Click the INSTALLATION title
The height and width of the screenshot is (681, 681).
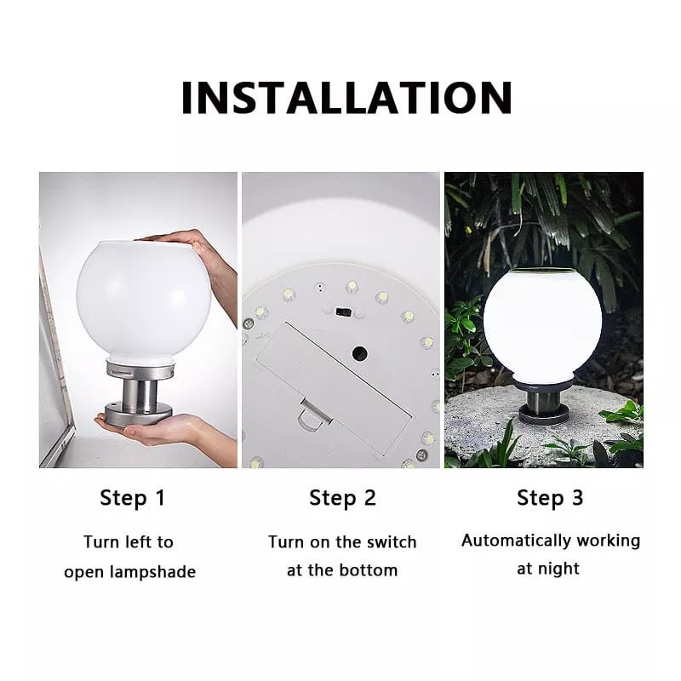346,97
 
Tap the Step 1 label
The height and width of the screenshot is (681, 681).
133,498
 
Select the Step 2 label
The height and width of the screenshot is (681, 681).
342,498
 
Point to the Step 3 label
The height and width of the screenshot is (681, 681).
550,498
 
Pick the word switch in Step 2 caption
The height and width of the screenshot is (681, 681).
392,542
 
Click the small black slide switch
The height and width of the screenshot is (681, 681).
343,312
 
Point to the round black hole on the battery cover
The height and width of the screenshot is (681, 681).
360,353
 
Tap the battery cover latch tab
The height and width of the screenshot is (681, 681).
313,415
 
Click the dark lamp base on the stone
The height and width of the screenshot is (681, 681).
546,408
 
